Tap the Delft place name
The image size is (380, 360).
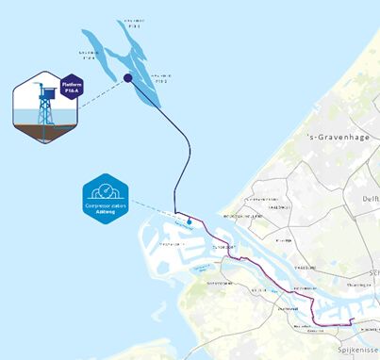pyautogui.click(x=371, y=199)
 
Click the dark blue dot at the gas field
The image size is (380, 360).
pyautogui.click(x=127, y=80)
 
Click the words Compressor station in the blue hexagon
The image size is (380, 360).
pyautogui.click(x=105, y=205)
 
